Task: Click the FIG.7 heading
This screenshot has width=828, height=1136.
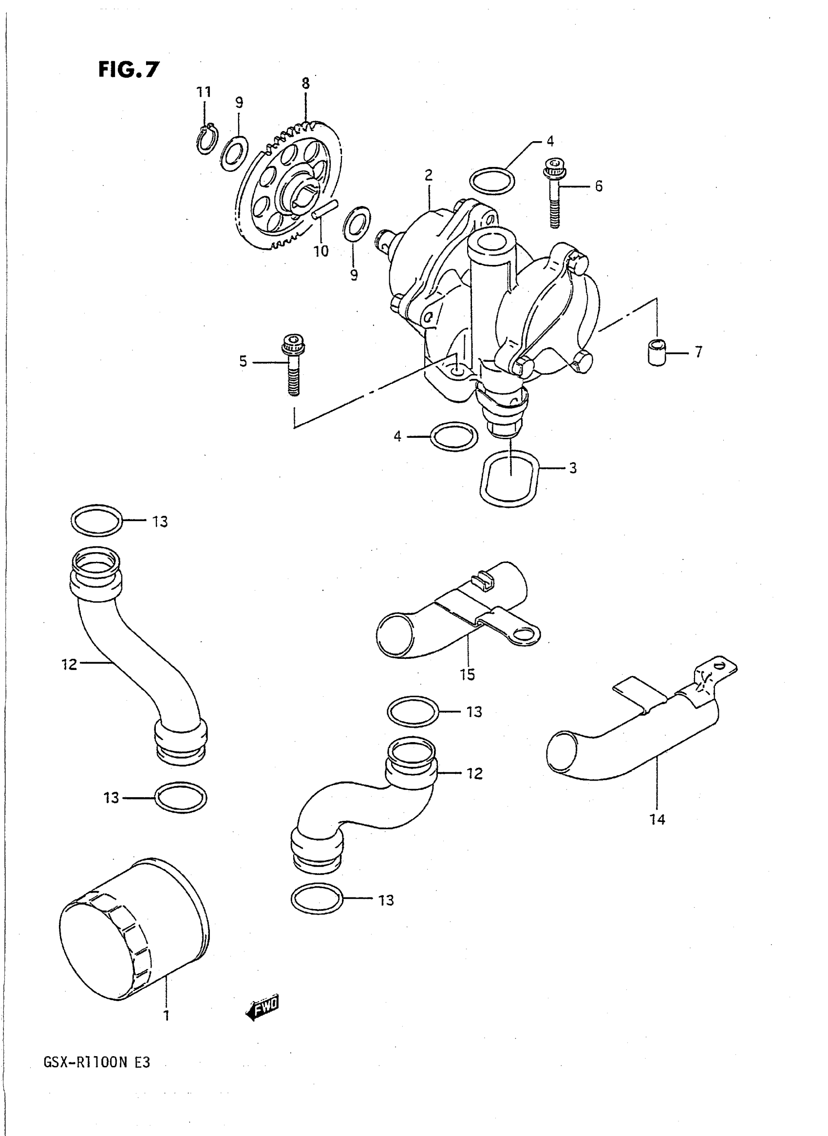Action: (128, 70)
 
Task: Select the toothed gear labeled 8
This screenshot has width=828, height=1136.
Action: (291, 188)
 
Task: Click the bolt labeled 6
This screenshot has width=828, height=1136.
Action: (554, 192)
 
